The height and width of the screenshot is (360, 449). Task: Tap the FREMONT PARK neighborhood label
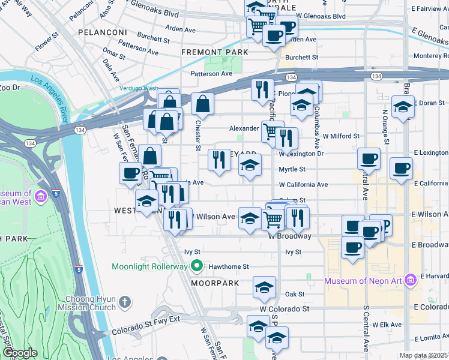click(215, 53)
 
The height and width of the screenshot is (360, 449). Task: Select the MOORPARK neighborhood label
click(215, 283)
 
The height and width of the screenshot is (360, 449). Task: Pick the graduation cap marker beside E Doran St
click(402, 107)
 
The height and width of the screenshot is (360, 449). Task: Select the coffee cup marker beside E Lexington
click(400, 169)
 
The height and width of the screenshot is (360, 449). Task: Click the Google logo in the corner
click(21, 353)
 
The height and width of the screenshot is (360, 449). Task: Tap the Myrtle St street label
click(292, 169)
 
